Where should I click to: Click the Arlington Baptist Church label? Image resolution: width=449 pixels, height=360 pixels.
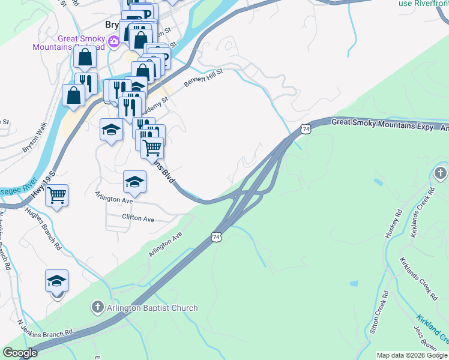point(152,308)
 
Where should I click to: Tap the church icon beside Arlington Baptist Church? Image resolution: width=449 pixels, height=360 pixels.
point(97,308)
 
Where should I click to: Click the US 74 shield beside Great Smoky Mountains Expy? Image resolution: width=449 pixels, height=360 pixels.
point(306,129)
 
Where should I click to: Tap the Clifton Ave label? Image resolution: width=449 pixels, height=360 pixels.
point(138,218)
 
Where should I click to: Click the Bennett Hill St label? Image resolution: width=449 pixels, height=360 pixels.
point(203,77)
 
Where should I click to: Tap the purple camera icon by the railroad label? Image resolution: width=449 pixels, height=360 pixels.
point(114,42)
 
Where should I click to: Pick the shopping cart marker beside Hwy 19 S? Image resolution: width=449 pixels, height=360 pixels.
point(56,195)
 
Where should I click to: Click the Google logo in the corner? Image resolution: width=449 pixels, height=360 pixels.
point(20,353)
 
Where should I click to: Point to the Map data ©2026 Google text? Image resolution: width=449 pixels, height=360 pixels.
point(412,355)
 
